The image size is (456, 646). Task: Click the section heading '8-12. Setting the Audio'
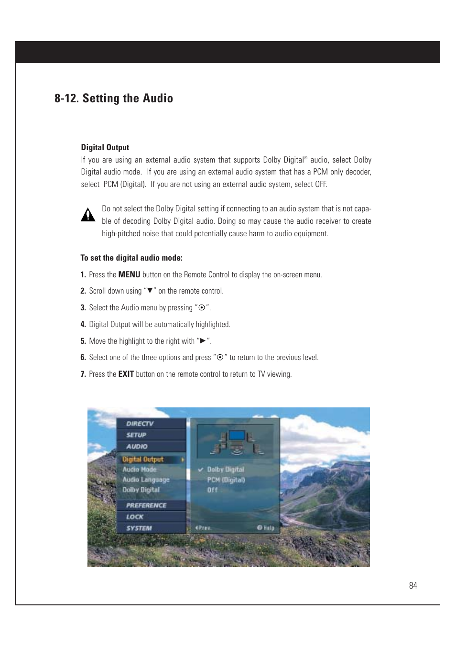point(114,99)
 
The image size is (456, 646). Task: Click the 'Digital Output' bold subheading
point(105,147)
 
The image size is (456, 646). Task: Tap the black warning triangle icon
point(88,216)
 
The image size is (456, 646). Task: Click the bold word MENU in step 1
point(129,274)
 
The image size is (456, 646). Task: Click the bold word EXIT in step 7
point(126,374)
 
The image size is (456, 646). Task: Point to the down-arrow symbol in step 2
point(150,291)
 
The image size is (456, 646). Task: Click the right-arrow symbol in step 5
point(203,341)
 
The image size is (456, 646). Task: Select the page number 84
point(413,586)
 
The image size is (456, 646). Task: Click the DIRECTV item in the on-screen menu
point(140,424)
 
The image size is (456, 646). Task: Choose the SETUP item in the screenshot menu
point(136,435)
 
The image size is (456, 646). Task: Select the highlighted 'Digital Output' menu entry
point(143,460)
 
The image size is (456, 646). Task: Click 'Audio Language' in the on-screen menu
point(146,480)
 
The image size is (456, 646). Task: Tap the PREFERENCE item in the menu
point(146,505)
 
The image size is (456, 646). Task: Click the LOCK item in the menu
point(135,517)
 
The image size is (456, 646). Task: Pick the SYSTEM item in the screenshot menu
point(139,528)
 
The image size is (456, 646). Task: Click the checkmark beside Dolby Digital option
point(201,470)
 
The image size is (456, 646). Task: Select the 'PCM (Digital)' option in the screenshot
point(226,480)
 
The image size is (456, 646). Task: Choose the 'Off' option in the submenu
point(212,490)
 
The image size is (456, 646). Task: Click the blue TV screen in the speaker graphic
point(236,435)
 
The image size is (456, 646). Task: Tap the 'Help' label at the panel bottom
point(269,528)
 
